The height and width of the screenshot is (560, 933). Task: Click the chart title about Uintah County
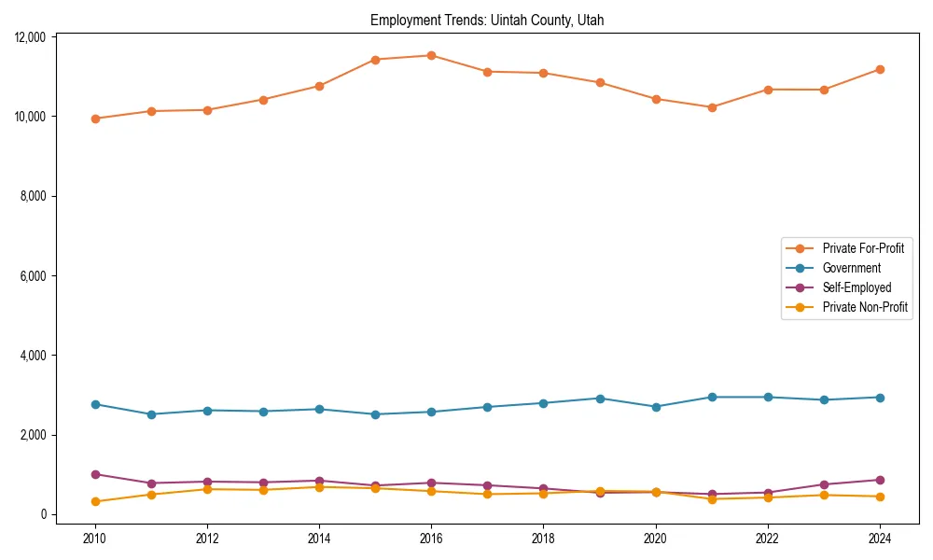[x=487, y=21]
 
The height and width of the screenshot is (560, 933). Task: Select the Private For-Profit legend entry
[x=856, y=248]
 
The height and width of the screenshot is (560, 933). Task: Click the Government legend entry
[x=851, y=268]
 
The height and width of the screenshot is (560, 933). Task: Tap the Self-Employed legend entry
[x=856, y=287]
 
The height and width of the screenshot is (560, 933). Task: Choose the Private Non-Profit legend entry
[x=865, y=307]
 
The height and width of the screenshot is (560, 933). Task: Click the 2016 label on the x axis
[x=431, y=539]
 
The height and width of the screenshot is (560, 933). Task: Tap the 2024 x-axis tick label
[x=880, y=539]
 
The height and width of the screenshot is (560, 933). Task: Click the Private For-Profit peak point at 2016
[x=431, y=55]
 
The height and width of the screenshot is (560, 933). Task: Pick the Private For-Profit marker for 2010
[x=95, y=119]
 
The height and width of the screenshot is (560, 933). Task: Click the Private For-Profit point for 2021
[x=712, y=107]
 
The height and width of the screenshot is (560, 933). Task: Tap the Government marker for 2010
[x=95, y=404]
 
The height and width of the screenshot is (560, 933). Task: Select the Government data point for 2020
[x=656, y=407]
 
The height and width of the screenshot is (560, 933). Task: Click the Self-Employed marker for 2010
[x=95, y=474]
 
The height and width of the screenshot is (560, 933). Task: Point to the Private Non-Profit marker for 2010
[x=95, y=501]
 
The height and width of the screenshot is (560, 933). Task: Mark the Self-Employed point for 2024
[x=880, y=480]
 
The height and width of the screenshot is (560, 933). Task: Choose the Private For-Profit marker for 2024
[x=880, y=69]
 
